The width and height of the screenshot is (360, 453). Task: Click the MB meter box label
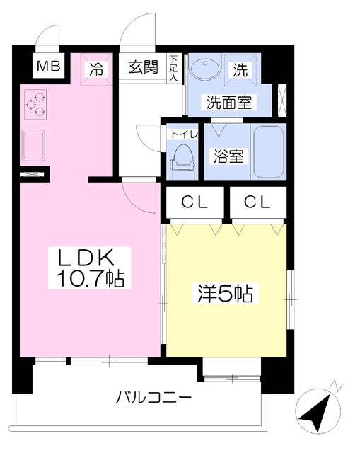[48, 66]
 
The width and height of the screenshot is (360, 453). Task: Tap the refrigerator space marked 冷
[96, 69]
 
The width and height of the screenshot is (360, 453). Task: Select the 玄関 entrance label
[144, 67]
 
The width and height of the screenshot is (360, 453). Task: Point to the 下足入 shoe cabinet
[174, 68]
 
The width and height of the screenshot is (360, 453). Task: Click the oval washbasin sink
[204, 69]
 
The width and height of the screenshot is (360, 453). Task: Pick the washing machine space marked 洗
[240, 69]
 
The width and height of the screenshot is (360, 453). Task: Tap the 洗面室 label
[229, 103]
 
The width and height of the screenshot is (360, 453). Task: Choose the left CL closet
[195, 202]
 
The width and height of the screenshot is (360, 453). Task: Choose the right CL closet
[257, 202]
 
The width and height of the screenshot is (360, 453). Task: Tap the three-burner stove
[35, 104]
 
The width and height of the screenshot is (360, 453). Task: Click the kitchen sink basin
[34, 145]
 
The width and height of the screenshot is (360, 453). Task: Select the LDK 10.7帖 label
[90, 268]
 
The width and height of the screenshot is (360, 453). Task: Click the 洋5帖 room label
[225, 294]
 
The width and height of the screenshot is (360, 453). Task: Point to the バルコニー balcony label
[153, 398]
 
